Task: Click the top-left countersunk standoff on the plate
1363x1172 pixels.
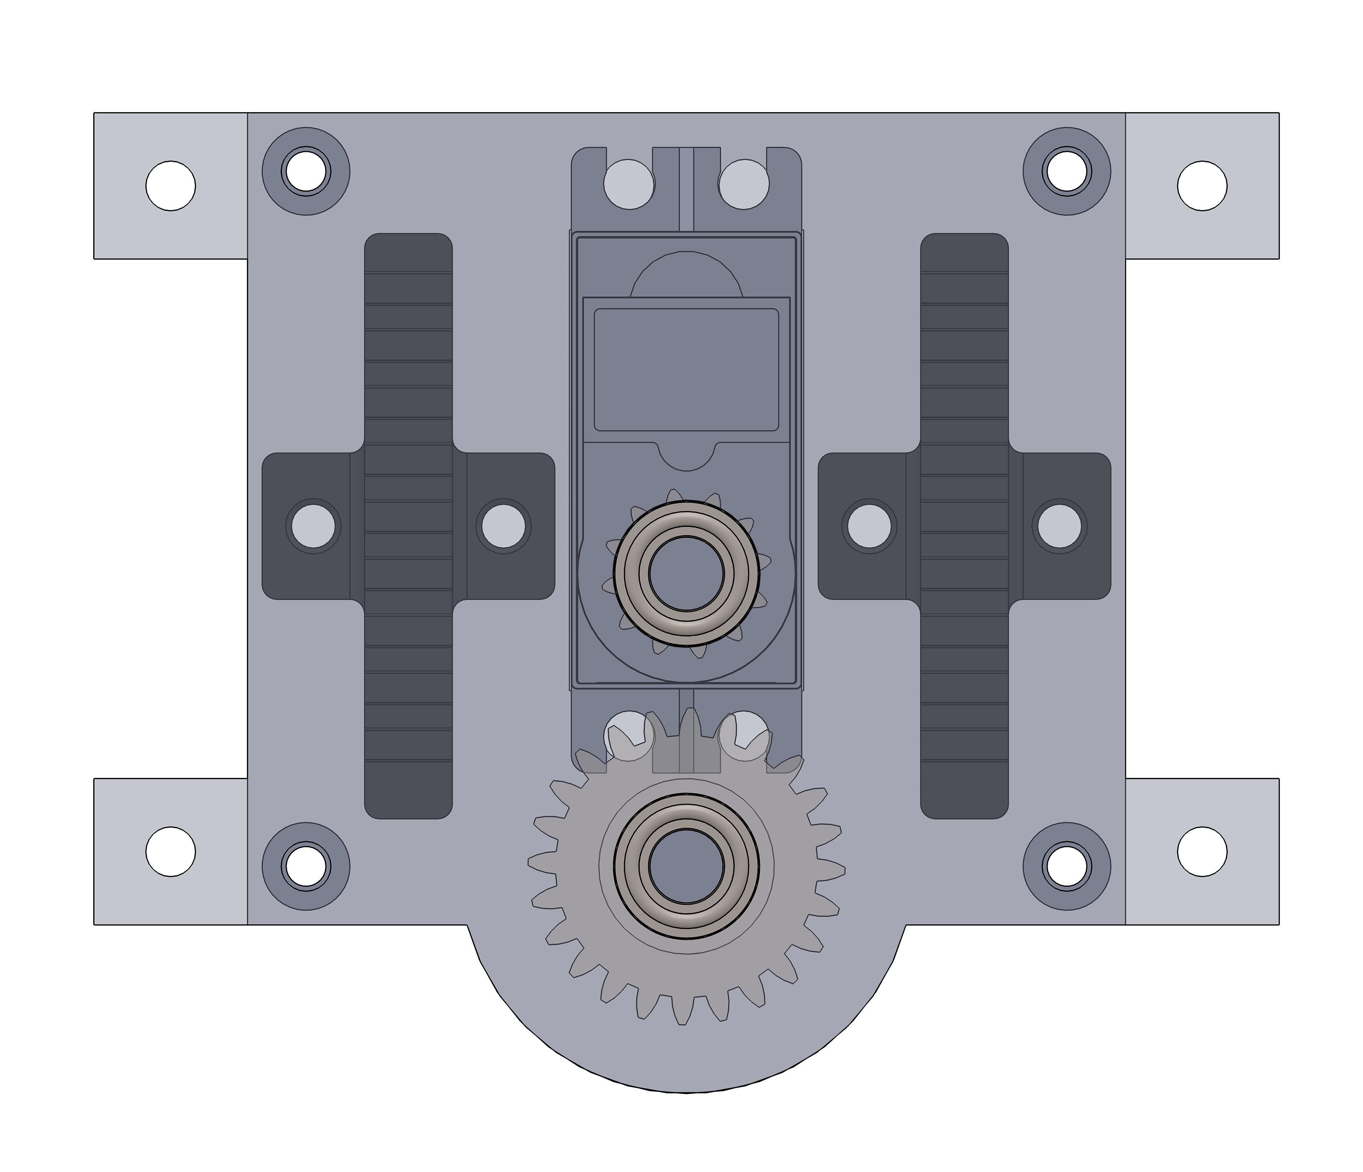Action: point(306,171)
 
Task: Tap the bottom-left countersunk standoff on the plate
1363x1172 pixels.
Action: point(306,866)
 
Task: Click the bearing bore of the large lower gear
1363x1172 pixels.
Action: point(686,866)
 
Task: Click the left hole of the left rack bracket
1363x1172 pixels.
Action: point(313,526)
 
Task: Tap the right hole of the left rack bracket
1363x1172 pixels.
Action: point(504,526)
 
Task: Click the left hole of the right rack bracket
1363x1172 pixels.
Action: point(869,526)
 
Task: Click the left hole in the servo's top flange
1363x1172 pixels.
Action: point(629,184)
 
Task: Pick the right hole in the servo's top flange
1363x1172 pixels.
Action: point(744,184)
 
